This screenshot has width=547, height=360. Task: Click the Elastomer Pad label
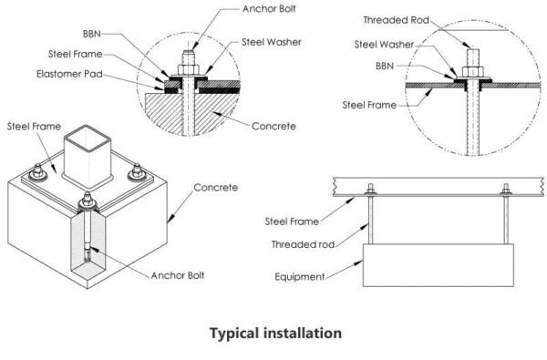69,74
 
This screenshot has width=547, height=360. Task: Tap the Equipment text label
300,277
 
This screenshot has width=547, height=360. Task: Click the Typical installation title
275,334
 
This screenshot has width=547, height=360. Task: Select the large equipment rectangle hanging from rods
439,265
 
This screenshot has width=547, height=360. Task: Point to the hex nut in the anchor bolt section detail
189,70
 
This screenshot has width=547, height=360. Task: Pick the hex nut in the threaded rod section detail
472,72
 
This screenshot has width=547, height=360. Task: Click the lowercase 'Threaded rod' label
304,244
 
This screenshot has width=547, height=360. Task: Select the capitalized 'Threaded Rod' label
396,20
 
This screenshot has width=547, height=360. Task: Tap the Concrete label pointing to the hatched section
273,126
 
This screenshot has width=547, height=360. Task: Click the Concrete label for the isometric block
215,188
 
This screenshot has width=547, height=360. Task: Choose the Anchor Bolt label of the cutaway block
178,275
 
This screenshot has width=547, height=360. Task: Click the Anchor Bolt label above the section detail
269,9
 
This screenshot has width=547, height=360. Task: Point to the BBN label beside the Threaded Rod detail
385,66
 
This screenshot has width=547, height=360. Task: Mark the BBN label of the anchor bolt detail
92,34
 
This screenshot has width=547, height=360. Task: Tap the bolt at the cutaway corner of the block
88,227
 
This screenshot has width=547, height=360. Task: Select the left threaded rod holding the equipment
370,220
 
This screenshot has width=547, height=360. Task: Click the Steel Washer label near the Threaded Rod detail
384,45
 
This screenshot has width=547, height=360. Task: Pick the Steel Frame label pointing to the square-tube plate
34,127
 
